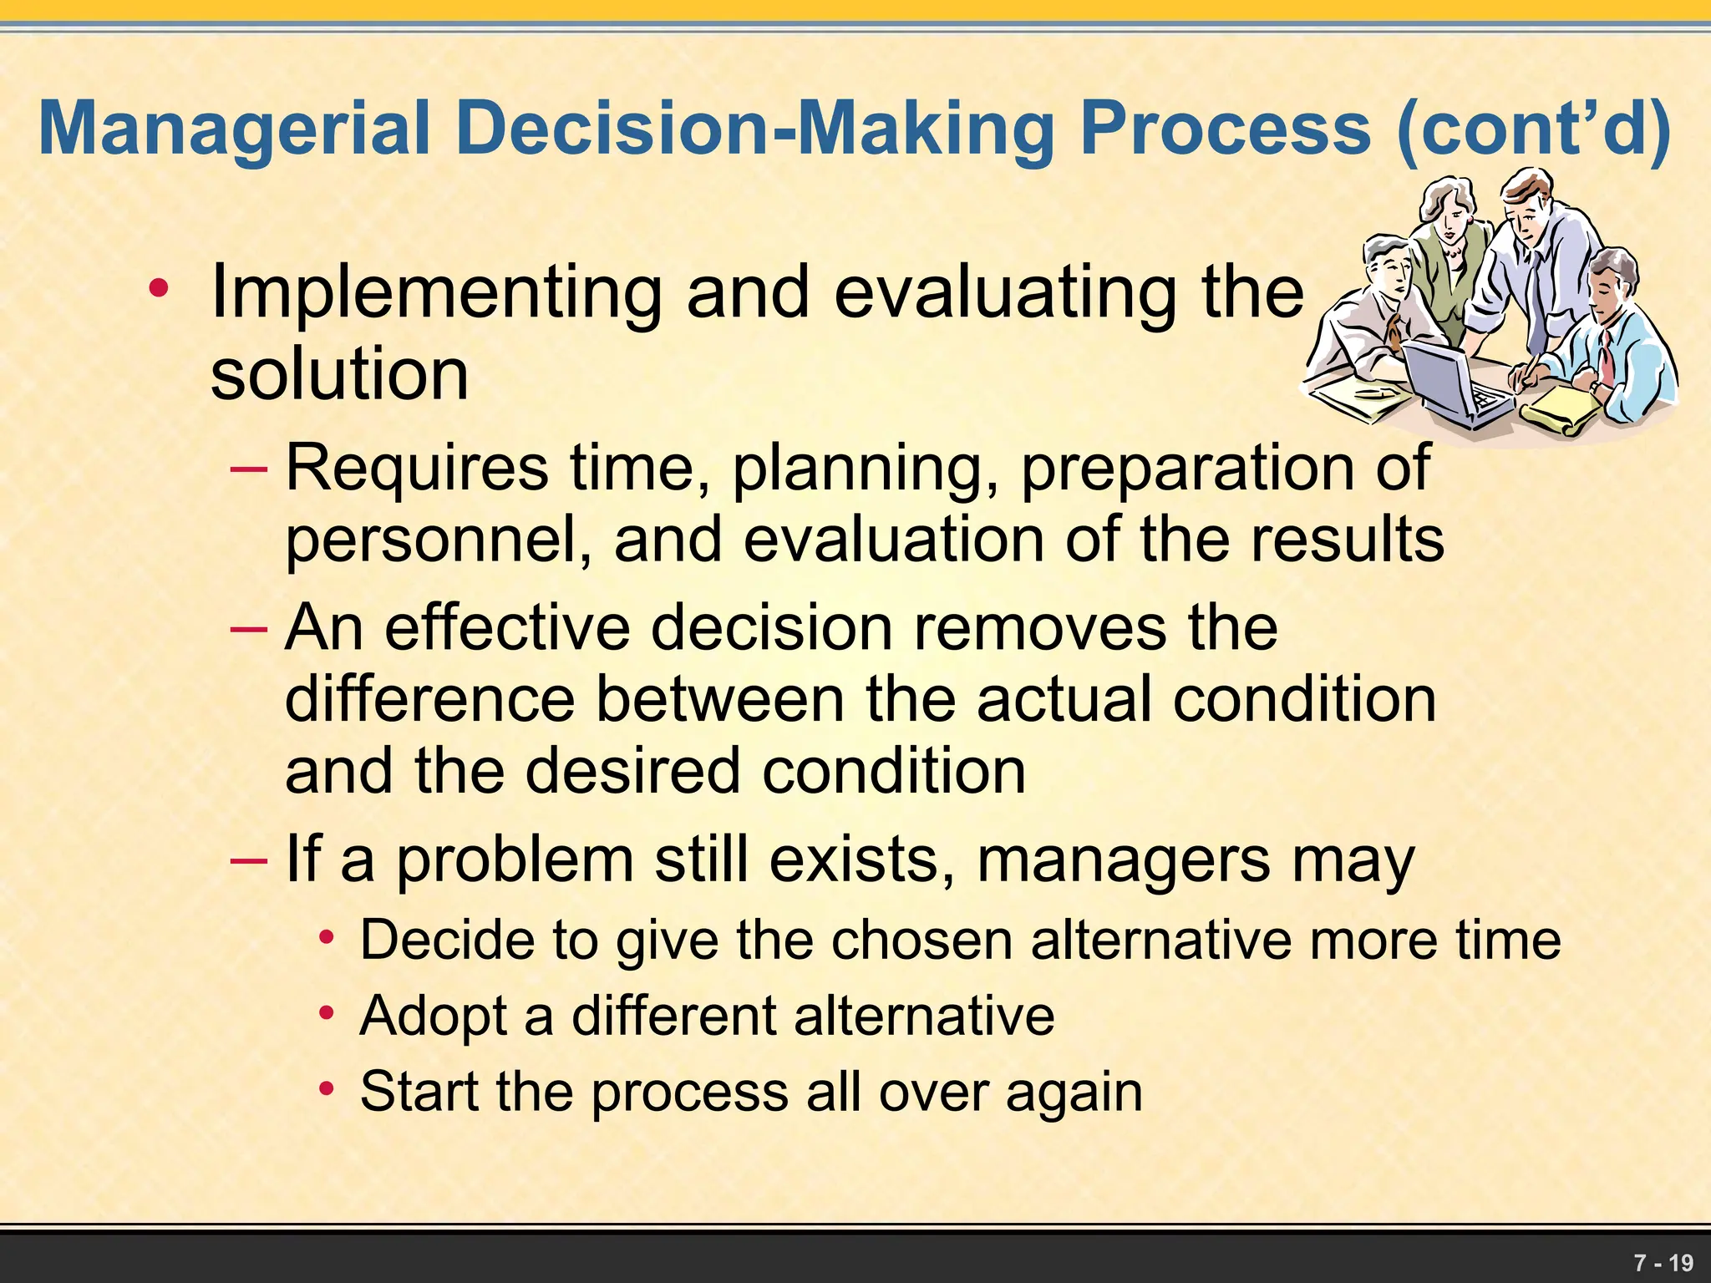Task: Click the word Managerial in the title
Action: pos(234,129)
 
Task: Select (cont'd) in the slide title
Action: pos(1532,129)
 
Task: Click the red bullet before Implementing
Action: pos(158,289)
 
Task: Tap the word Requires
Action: pos(417,468)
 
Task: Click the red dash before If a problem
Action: pos(249,859)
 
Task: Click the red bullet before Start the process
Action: pos(327,1089)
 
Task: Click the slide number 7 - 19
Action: pos(1663,1262)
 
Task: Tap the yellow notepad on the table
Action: pos(1562,409)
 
